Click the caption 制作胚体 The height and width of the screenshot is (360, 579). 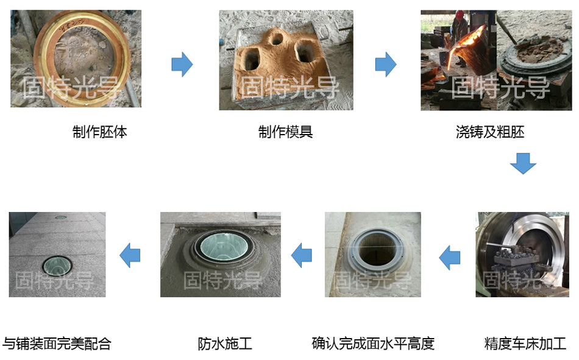(x=100, y=132)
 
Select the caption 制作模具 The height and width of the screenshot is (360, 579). (x=285, y=132)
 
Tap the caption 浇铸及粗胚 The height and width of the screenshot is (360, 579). (x=490, y=132)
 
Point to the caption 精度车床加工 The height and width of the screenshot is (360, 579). (x=525, y=344)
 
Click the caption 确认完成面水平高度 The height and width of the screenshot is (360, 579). (x=373, y=344)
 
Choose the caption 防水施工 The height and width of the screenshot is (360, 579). (x=225, y=344)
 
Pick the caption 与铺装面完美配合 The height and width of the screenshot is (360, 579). (x=57, y=344)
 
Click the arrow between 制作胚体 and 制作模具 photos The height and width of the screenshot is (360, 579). (x=182, y=64)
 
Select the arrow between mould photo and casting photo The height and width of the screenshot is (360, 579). (x=386, y=64)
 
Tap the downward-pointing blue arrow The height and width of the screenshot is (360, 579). (x=524, y=163)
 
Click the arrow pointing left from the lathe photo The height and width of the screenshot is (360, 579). (x=449, y=257)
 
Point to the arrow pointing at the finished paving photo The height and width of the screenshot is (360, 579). (x=130, y=255)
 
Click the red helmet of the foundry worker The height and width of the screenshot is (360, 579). (x=460, y=15)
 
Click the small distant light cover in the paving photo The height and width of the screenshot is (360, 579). (x=60, y=217)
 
